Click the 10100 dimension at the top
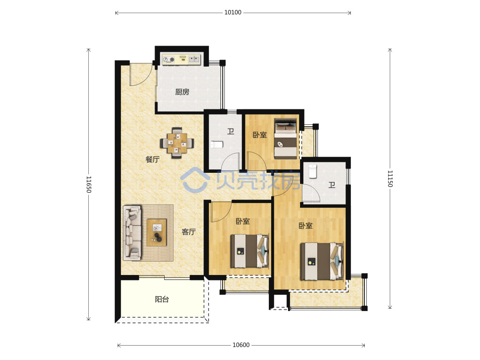point(233,12)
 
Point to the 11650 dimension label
point(89,184)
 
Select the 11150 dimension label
point(390,179)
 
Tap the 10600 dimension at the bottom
point(241,345)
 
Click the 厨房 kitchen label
point(182,92)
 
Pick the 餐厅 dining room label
point(153,159)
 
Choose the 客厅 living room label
point(189,232)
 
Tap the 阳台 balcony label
point(162,299)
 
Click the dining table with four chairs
point(177,143)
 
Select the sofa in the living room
point(132,233)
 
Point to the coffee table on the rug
point(157,232)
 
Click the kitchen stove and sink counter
point(181,59)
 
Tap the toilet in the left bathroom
point(217,144)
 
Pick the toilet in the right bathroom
point(312,171)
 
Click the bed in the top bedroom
point(286,139)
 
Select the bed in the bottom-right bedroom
point(322,261)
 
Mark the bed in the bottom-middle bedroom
point(250,251)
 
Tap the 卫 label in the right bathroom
point(332,185)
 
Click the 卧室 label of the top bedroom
point(260,135)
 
